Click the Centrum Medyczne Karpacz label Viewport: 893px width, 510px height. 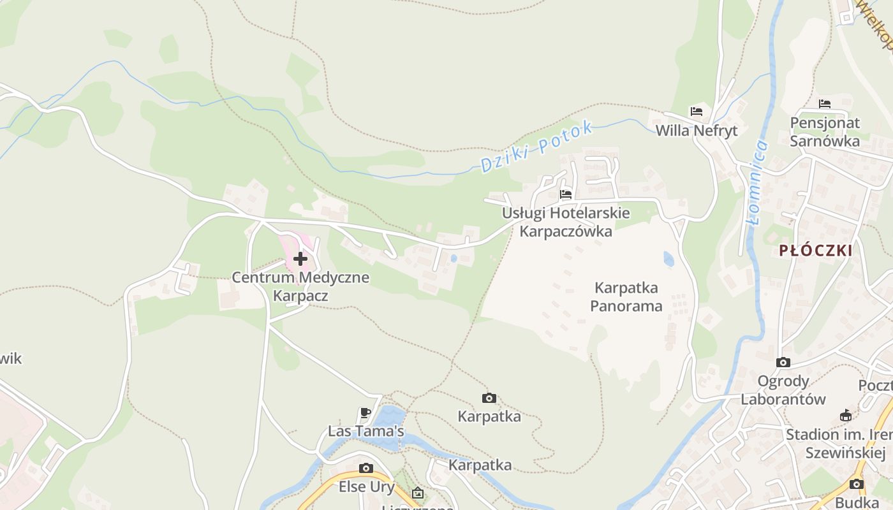(x=300, y=287)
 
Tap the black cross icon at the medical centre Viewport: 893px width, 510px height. (x=300, y=259)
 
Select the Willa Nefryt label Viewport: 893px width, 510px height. (x=697, y=131)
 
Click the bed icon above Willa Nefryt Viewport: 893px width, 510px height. (x=696, y=112)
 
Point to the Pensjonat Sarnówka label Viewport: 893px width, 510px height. (x=825, y=132)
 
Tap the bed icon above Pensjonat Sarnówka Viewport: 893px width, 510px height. (x=825, y=103)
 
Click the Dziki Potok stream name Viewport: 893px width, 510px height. (x=536, y=147)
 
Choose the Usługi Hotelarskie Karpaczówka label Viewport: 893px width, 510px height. (x=566, y=222)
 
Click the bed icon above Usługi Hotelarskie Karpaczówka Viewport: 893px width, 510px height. (x=566, y=194)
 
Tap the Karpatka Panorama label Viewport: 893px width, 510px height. (x=626, y=296)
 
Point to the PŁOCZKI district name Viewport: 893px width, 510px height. (x=816, y=251)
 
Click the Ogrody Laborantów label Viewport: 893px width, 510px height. (x=783, y=390)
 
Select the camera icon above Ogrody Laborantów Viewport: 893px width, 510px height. (x=783, y=363)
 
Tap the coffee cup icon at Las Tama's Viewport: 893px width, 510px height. (x=365, y=412)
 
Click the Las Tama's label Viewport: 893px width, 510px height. (x=365, y=432)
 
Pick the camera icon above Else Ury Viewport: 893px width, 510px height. (x=365, y=469)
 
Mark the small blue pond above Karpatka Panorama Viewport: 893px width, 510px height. (x=668, y=259)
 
